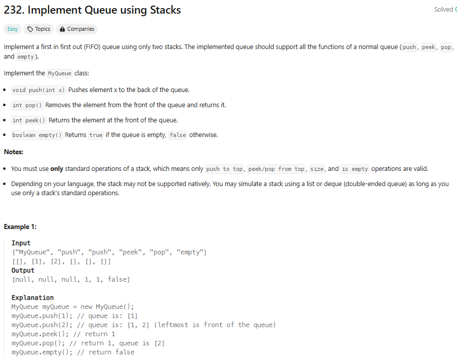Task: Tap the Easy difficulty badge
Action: [x=13, y=29]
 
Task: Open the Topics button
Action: [x=38, y=29]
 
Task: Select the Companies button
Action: [x=76, y=29]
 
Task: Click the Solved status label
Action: [x=443, y=10]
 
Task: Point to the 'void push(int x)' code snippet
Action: [x=38, y=90]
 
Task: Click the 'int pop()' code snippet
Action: [x=27, y=105]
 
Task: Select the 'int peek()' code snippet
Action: [x=29, y=120]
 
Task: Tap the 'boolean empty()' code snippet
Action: [x=37, y=136]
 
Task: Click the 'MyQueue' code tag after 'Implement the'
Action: [x=59, y=73]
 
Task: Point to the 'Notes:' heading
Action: [x=14, y=152]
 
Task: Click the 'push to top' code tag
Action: [x=224, y=169]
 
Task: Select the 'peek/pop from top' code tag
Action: [x=276, y=169]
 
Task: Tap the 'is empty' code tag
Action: [x=355, y=169]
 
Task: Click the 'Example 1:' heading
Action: [x=20, y=227]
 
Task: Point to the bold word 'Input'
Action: [x=21, y=243]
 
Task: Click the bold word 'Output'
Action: [x=23, y=271]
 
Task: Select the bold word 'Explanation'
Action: [x=32, y=298]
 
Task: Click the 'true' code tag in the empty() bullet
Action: [x=96, y=136]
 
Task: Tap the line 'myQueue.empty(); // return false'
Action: [x=73, y=352]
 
